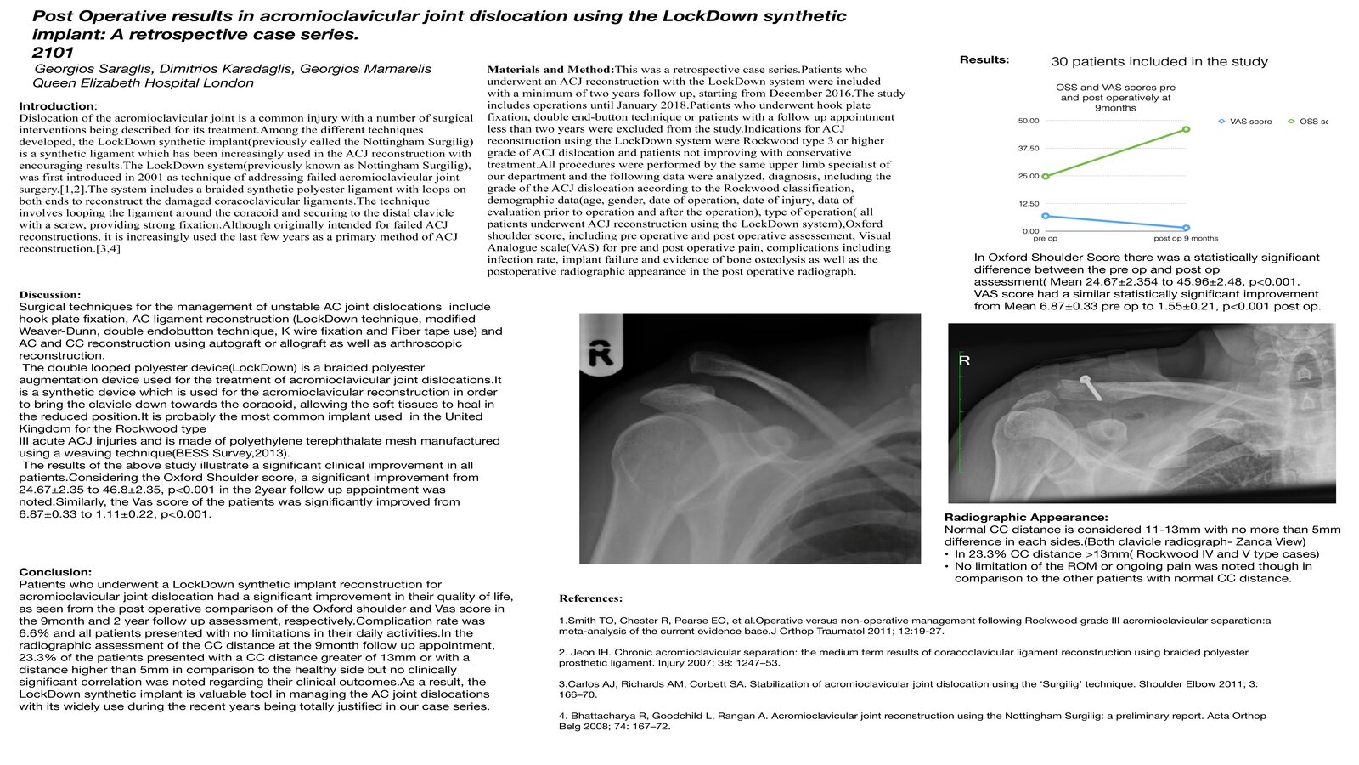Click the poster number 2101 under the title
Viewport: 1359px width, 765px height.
[x=53, y=53]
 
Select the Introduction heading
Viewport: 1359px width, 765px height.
[x=56, y=106]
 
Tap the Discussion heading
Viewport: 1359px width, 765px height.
[x=50, y=295]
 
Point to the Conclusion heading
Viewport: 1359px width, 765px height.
[x=55, y=572]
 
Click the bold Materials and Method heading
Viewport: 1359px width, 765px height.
[x=550, y=70]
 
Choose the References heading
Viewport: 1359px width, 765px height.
[x=590, y=598]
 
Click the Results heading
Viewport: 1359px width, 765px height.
[x=984, y=59]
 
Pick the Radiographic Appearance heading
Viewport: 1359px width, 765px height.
[x=1026, y=517]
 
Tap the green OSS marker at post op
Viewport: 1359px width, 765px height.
[x=1186, y=129]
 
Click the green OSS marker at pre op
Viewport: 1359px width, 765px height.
[x=1046, y=177]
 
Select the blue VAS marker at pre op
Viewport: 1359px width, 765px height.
[x=1046, y=216]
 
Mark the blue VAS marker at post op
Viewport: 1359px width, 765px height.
[x=1186, y=228]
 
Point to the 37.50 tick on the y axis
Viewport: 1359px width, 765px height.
[x=1029, y=149]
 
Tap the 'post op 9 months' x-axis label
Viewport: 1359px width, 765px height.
[x=1186, y=239]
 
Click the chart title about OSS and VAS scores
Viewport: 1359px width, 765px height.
[x=1115, y=97]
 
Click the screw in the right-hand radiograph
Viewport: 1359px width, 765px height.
[x=1090, y=387]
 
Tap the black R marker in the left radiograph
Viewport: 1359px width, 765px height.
[x=601, y=352]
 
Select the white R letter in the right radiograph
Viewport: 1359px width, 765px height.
[x=965, y=360]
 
